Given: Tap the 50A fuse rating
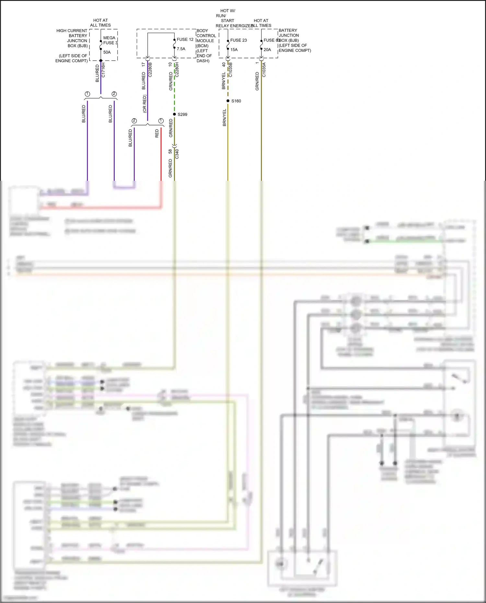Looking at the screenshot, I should click(x=107, y=52).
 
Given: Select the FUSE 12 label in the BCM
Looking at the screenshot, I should click(x=185, y=40).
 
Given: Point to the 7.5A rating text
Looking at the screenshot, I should click(x=181, y=49).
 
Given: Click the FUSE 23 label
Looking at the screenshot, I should click(x=238, y=40).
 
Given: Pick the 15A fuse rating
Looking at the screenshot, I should click(x=234, y=50).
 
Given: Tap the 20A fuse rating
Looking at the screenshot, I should click(x=267, y=50).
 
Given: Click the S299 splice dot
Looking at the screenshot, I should click(x=174, y=114).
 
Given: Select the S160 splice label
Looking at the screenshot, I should click(x=236, y=101).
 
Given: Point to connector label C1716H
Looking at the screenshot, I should click(x=103, y=70).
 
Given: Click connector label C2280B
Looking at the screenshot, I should click(x=150, y=70).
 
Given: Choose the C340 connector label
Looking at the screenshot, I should click(x=177, y=154).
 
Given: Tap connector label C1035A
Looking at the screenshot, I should click(x=264, y=70).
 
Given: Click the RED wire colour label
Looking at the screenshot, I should click(x=157, y=133).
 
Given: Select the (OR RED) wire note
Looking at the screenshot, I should click(x=145, y=104).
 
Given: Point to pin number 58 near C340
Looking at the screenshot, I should click(x=170, y=151).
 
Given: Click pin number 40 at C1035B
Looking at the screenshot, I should click(x=224, y=65).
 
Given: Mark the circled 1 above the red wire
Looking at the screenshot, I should click(x=161, y=121).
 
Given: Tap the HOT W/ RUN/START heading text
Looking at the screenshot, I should click(x=227, y=16).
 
